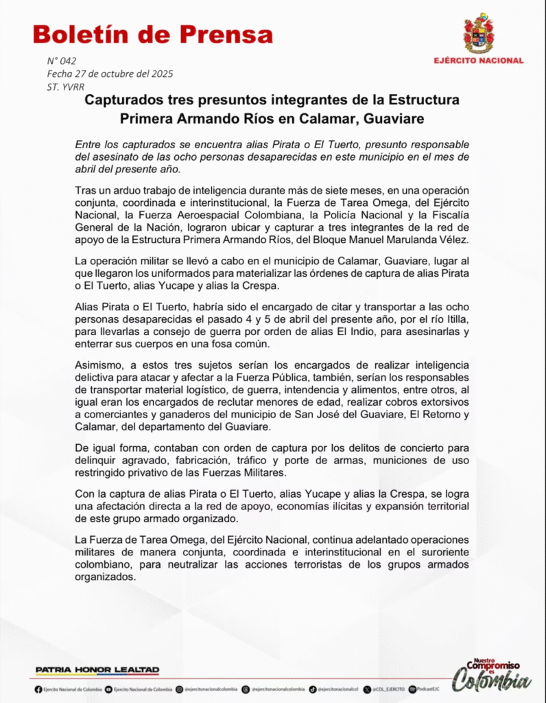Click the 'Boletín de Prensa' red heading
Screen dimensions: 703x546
point(152,34)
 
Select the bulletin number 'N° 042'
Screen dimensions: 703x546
point(62,61)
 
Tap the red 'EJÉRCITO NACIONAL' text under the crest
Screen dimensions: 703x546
point(478,60)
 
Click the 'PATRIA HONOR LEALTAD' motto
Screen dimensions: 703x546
point(97,669)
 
